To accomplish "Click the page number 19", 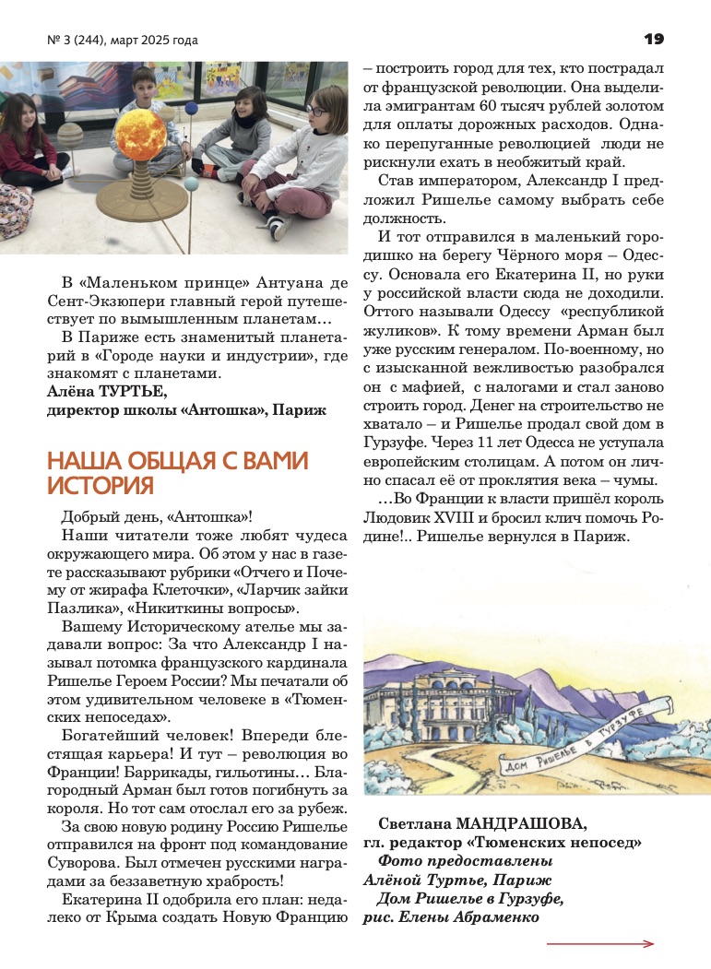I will coord(654,39).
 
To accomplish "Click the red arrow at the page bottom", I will coord(599,944).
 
